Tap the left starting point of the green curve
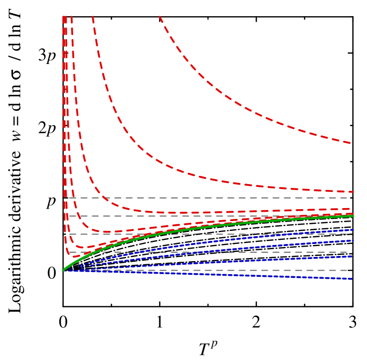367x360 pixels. (63, 270)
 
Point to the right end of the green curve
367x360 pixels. (353, 215)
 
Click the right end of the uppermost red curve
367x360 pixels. (351, 143)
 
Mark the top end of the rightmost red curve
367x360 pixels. (160, 17)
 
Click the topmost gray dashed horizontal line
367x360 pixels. (208, 198)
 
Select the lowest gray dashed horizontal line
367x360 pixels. (208, 270)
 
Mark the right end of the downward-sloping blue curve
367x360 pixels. (352, 279)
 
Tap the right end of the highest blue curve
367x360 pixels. (353, 229)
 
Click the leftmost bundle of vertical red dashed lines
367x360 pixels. (65, 104)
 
